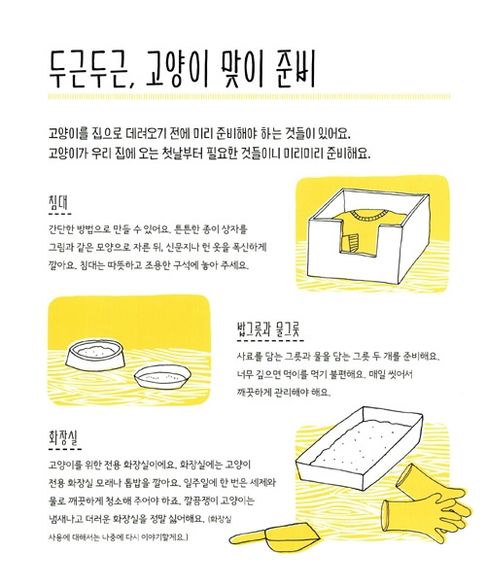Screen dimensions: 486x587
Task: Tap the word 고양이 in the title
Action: point(176,68)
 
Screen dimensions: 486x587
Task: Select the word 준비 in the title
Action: point(295,67)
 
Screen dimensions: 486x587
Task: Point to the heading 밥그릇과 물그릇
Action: point(269,329)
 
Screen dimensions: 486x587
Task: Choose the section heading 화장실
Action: point(63,437)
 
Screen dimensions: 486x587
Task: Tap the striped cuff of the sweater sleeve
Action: point(352,243)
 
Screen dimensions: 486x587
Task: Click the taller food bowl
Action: point(94,355)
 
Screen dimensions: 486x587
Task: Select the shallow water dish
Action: point(162,377)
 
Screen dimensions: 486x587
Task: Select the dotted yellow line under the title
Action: point(249,96)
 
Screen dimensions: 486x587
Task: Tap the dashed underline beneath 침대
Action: point(60,214)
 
